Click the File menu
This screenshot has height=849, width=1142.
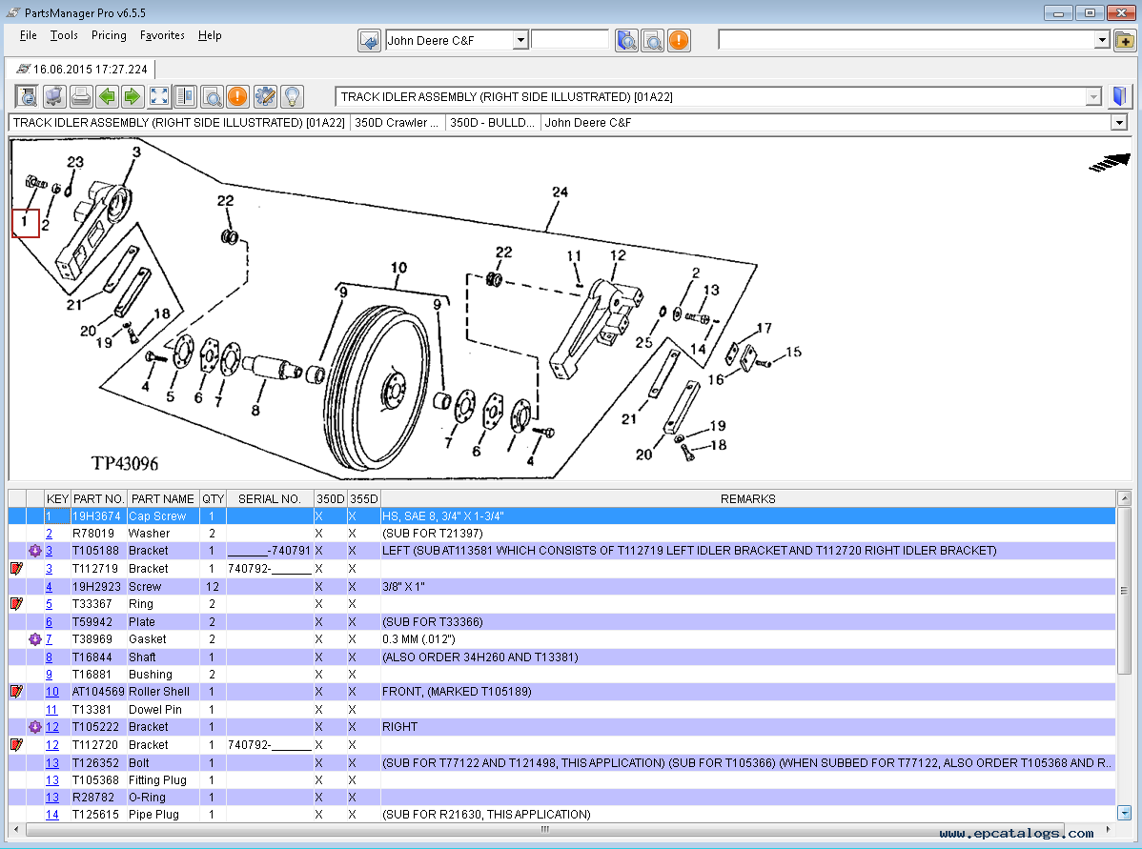click(x=29, y=35)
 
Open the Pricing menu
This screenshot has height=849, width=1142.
click(x=109, y=35)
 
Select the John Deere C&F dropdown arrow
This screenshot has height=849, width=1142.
click(x=520, y=40)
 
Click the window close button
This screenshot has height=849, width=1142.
click(x=1119, y=12)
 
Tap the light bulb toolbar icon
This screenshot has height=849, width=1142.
click(x=292, y=96)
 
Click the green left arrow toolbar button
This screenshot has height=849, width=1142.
click(x=107, y=96)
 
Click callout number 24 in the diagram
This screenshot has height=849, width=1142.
click(x=560, y=192)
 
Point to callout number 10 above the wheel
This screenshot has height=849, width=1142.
click(x=398, y=268)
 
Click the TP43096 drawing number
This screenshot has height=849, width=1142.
click(x=125, y=464)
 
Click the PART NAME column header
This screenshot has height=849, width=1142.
click(x=162, y=498)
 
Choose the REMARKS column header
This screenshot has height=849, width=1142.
click(x=747, y=498)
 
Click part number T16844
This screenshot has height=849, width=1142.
click(x=92, y=657)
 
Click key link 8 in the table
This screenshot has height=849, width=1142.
click(x=50, y=657)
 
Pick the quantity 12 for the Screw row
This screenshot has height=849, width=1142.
click(x=212, y=586)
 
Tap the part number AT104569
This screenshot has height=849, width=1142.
click(x=98, y=692)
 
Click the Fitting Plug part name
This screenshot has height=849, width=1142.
click(x=157, y=779)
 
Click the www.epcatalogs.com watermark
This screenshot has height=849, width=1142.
click(x=1016, y=833)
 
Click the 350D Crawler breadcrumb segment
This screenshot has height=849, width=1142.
click(x=398, y=123)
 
